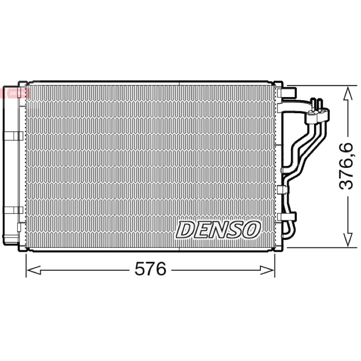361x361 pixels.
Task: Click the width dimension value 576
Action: pos(150,268)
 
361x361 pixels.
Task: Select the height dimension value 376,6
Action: pos(346,166)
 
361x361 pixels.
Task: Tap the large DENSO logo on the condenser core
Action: pos(218,230)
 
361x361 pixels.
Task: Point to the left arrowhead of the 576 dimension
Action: pos(33,270)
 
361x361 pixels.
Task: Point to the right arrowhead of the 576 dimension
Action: pos(267,270)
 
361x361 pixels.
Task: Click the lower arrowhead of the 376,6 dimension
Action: pos(347,240)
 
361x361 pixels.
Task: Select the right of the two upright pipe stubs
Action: pos(320,104)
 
